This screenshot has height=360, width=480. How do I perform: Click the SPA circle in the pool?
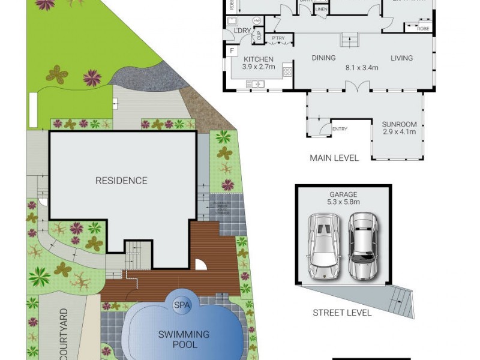click(x=182, y=305)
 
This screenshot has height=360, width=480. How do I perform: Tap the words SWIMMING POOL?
click(x=184, y=339)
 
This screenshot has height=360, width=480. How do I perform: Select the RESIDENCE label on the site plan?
click(x=121, y=180)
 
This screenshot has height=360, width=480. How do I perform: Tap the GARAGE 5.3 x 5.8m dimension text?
click(x=343, y=199)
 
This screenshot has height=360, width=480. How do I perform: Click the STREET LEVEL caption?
click(x=342, y=313)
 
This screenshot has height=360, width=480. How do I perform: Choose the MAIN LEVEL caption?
click(x=334, y=158)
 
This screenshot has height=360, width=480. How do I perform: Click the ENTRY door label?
click(x=340, y=129)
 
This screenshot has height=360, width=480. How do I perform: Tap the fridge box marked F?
click(x=232, y=52)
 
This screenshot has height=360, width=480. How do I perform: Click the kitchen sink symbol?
click(x=256, y=83)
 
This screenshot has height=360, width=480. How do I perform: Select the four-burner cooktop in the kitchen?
click(x=287, y=71)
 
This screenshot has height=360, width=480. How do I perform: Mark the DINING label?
click(x=323, y=58)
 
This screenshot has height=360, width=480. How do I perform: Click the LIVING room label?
click(x=401, y=58)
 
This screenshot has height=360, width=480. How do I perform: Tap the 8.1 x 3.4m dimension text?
click(x=362, y=68)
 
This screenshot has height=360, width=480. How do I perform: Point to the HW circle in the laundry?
click(x=257, y=21)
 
